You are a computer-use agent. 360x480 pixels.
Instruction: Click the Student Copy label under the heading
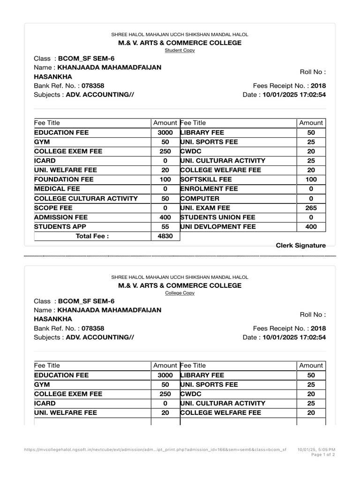[180, 50]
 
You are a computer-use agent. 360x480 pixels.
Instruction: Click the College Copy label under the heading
[180, 293]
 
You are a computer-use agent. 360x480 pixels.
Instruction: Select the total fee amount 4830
[165, 236]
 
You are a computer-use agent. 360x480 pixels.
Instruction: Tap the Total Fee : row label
[92, 236]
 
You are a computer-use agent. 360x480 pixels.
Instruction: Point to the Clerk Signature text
[300, 245]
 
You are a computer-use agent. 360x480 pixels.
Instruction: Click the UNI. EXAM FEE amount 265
[311, 208]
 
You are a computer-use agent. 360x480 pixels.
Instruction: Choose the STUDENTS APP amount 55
[165, 226]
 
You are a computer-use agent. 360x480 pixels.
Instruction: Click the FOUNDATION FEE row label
[64, 180]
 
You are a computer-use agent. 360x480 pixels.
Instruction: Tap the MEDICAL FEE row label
[57, 189]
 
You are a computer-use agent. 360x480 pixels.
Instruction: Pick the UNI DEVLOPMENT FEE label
[218, 226]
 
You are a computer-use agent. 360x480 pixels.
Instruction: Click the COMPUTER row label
[200, 198]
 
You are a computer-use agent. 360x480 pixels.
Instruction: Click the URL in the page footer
[155, 450]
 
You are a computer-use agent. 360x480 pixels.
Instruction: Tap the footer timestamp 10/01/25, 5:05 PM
[316, 450]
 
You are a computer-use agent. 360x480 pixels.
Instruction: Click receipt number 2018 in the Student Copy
[318, 86]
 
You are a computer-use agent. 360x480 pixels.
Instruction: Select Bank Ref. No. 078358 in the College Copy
[93, 328]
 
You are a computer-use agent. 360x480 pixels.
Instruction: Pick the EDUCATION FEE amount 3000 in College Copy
[165, 375]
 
